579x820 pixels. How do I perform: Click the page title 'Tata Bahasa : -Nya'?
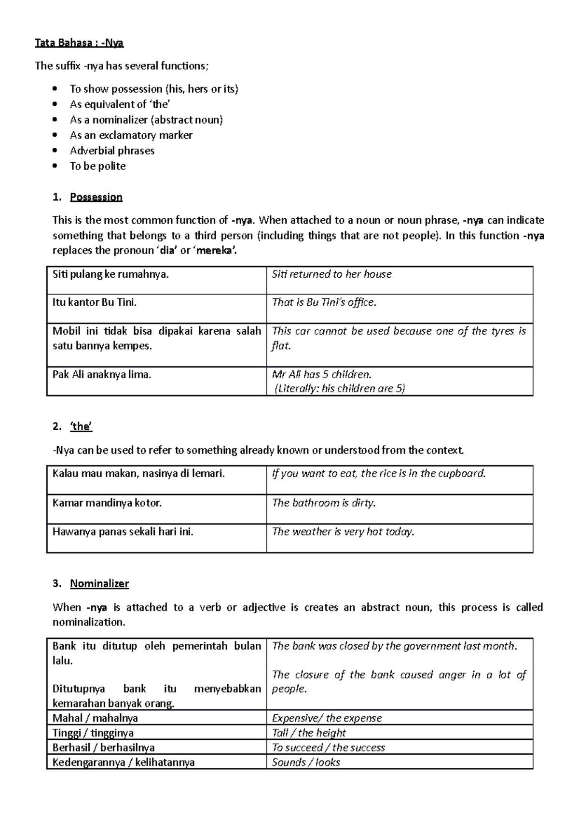[x=79, y=43]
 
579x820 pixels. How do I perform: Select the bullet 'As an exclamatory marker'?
[x=131, y=135]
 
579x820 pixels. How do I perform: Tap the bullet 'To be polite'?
[x=97, y=166]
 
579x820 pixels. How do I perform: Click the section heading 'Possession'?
[x=96, y=197]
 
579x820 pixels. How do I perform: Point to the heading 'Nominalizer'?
[x=99, y=583]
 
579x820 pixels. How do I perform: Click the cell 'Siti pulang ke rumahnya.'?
[x=110, y=274]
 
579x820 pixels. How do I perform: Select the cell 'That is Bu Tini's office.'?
[x=324, y=302]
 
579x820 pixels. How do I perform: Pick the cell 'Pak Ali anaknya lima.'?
[x=102, y=374]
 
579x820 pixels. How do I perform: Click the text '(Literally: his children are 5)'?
[x=339, y=388]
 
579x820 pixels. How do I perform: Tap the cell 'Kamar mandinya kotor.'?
[x=107, y=503]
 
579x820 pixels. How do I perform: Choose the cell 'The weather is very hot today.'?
[x=343, y=532]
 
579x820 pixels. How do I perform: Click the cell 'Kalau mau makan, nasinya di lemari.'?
[x=138, y=474]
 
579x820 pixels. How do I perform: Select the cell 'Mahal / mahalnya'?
[x=95, y=718]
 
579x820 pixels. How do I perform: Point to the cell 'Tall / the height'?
[x=309, y=733]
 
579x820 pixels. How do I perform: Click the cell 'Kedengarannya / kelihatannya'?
[x=124, y=762]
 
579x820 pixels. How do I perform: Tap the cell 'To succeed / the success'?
[x=328, y=748]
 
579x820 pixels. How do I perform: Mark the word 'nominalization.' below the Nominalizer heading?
[x=89, y=622]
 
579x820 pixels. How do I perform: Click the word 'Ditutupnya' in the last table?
[x=79, y=689]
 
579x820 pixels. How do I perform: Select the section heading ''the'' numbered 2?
[x=81, y=426]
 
